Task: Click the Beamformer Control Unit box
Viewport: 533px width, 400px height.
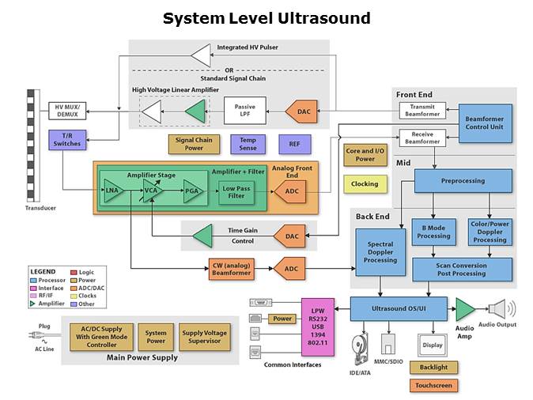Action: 485,123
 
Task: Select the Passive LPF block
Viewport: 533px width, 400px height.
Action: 245,111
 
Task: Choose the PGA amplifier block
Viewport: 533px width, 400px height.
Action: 191,191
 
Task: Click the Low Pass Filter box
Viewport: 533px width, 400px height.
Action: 238,191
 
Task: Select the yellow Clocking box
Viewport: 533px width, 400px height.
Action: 365,184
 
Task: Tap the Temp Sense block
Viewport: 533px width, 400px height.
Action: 248,144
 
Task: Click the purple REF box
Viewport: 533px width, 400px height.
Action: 294,144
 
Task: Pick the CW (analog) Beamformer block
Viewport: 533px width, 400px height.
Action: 231,269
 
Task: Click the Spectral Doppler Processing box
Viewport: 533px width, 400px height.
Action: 380,254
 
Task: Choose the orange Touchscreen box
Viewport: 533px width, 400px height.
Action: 433,386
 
